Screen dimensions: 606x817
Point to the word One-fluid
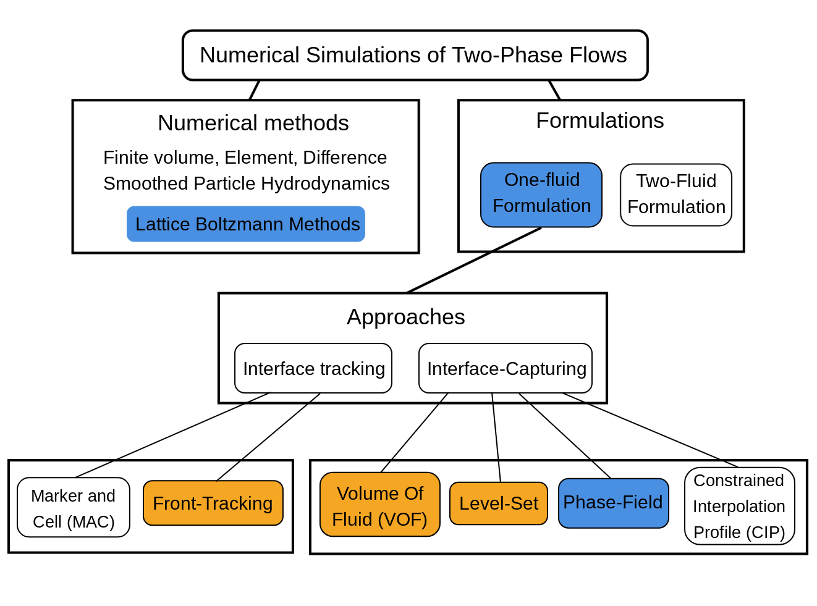pos(542,180)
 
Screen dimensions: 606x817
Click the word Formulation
pos(541,206)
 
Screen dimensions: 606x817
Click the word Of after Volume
pos(413,494)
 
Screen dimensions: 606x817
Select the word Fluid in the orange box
pos(351,520)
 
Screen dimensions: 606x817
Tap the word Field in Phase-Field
pos(641,502)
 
